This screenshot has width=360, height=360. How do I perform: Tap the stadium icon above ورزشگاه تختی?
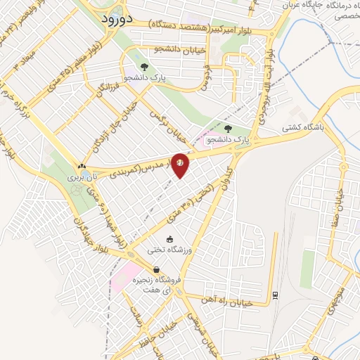[169, 238]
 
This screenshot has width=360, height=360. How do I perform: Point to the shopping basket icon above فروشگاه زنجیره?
[156, 269]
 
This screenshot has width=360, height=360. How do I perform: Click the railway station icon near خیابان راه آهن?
[276, 295]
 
